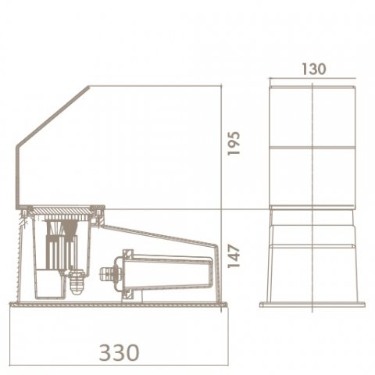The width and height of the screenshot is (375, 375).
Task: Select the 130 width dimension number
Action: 312,69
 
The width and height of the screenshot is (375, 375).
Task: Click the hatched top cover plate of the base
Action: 62,210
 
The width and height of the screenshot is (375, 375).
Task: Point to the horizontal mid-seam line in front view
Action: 312,145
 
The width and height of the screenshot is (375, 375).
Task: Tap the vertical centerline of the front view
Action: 312,180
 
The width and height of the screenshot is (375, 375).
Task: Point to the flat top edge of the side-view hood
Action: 156,86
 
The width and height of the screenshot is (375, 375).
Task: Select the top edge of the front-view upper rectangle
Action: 312,86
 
